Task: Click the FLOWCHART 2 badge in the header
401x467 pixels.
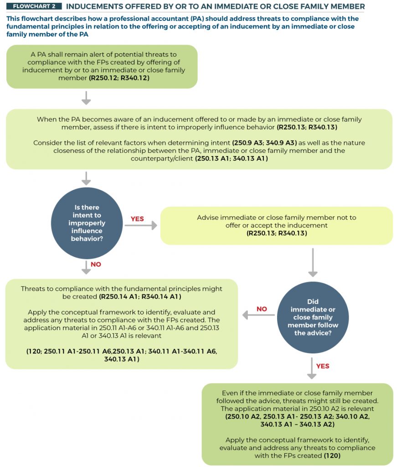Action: [34, 6]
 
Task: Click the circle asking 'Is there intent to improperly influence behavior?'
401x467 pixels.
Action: [87, 223]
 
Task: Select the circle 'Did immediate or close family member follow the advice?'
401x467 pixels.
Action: [313, 317]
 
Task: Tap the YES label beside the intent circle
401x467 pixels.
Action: [137, 219]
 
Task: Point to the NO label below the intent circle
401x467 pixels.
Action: [96, 265]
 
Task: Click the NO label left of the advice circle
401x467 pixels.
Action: [262, 309]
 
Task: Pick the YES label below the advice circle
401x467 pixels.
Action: [323, 366]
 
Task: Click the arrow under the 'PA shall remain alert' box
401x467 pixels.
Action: [86, 98]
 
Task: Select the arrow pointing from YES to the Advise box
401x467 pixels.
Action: [141, 225]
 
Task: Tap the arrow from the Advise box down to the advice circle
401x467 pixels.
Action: [313, 262]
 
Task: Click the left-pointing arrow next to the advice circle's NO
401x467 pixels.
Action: [258, 315]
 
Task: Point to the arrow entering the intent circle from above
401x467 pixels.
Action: [86, 178]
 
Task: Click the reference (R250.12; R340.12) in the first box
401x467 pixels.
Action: [119, 78]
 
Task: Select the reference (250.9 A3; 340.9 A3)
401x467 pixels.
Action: [264, 143]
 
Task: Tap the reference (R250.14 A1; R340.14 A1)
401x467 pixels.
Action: [140, 296]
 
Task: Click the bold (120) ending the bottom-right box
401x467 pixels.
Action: [332, 456]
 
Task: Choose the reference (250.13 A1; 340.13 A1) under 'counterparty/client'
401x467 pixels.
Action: [231, 158]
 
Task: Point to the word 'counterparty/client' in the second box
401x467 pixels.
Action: [162, 158]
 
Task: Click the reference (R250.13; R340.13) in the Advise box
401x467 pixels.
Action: [277, 233]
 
